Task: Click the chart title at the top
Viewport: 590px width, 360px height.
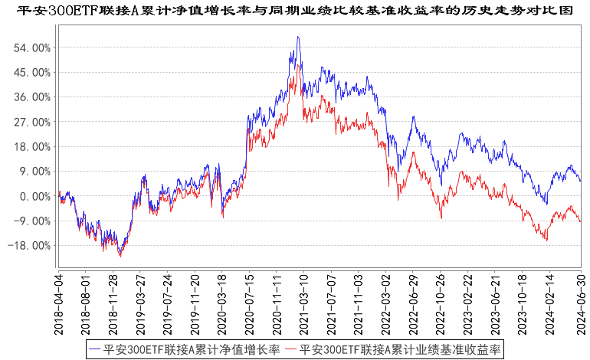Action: click(295, 10)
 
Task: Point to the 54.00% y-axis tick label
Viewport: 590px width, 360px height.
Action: click(33, 47)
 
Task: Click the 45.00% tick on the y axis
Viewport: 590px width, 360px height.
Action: click(33, 72)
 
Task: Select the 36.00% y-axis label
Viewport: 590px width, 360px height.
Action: click(33, 97)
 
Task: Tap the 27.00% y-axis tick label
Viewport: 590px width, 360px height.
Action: click(33, 122)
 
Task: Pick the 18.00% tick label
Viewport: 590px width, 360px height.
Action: click(33, 146)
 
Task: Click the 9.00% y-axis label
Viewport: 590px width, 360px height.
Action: click(35, 172)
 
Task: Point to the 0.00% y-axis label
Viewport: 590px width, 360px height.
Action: click(35, 196)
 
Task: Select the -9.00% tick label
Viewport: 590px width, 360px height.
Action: click(34, 221)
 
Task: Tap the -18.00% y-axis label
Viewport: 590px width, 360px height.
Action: click(31, 246)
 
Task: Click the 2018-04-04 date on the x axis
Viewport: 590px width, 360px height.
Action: click(59, 302)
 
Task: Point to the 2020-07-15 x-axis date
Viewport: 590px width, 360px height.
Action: click(250, 302)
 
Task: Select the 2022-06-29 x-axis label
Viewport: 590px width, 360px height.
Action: click(412, 302)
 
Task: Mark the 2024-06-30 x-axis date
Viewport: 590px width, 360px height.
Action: click(580, 302)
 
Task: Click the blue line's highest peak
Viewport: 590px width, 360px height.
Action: click(297, 37)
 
